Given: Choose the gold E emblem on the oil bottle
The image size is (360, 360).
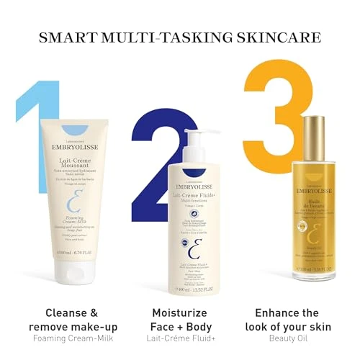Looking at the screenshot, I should [312, 236].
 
